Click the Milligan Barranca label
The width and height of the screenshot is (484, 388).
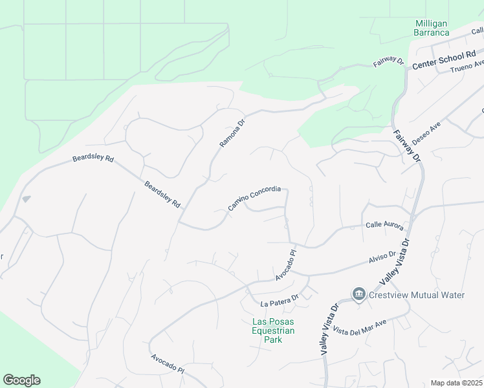pyautogui.click(x=432, y=28)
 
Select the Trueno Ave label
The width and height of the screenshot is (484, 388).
pyautogui.click(x=467, y=66)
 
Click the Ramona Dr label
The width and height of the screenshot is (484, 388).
pyautogui.click(x=232, y=133)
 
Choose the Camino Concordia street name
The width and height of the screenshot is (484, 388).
pyautogui.click(x=254, y=199)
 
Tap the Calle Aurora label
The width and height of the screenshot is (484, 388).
pyautogui.click(x=384, y=226)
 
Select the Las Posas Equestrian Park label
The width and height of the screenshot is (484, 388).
pyautogui.click(x=273, y=330)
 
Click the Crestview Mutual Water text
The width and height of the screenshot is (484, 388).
pyautogui.click(x=417, y=295)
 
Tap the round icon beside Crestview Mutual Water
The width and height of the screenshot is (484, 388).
pyautogui.click(x=358, y=295)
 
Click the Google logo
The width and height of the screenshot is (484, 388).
pyautogui.click(x=21, y=380)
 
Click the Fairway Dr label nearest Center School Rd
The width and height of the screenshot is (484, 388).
pyautogui.click(x=388, y=63)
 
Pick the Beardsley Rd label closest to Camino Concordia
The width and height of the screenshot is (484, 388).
pyautogui.click(x=162, y=193)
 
